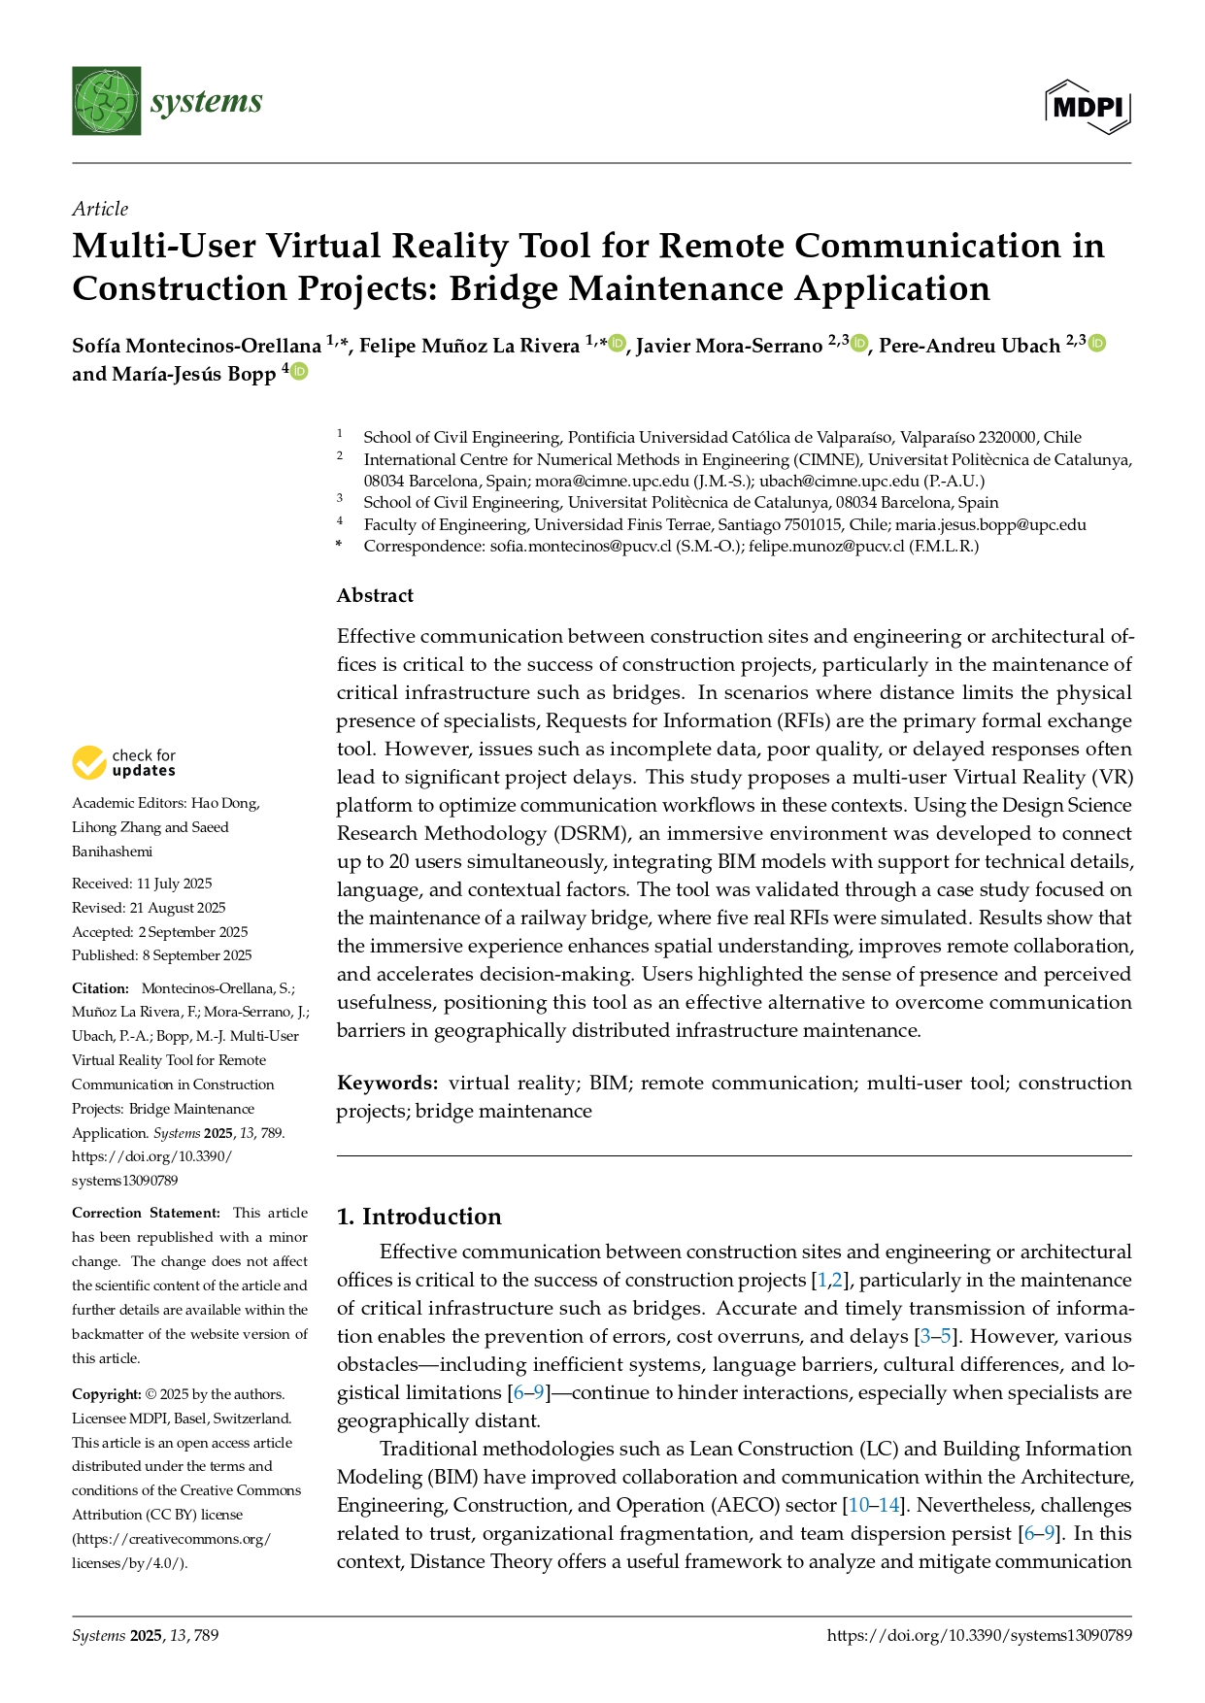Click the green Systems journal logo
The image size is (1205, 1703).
pos(106,101)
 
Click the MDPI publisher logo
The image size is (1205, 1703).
pos(1088,106)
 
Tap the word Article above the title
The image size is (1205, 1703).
pos(100,209)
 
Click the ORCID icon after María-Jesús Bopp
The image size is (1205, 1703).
pos(299,371)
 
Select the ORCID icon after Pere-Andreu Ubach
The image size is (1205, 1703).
pos(1097,343)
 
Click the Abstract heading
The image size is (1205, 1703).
pos(375,595)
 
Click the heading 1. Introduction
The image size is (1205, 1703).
pos(418,1217)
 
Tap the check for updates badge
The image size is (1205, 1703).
pos(124,762)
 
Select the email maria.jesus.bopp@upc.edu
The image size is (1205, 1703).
pos(990,524)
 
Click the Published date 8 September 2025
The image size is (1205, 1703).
pos(161,955)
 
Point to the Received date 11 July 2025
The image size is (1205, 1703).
pos(142,884)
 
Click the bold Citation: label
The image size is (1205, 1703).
pos(100,988)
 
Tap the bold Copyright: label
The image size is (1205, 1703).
pos(107,1394)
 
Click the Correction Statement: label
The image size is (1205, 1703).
pos(146,1213)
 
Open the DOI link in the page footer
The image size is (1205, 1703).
pos(979,1635)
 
